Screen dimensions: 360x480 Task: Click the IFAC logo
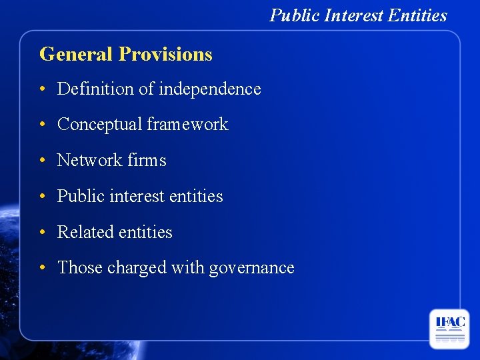pyautogui.click(x=449, y=329)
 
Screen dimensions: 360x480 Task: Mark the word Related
pyautogui.click(x=85, y=232)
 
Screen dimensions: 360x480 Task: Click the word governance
pyautogui.click(x=251, y=268)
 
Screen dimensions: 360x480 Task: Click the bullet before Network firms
pyautogui.click(x=42, y=161)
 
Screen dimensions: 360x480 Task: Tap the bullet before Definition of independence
pyautogui.click(x=42, y=89)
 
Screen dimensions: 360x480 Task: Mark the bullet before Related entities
pyautogui.click(x=42, y=233)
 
